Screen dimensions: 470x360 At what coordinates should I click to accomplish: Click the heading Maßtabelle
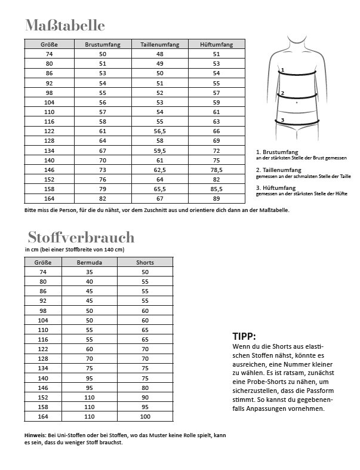[x=65, y=25]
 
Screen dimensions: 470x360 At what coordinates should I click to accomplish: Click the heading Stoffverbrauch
[x=81, y=237]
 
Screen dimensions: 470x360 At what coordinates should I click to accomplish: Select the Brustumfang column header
[x=103, y=44]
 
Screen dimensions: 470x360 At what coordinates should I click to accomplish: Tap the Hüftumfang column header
[x=216, y=44]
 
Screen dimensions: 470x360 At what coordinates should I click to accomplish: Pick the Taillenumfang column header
[x=159, y=44]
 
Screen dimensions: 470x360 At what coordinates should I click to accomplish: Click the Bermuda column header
[x=90, y=262]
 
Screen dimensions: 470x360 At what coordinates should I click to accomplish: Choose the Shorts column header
[x=145, y=262]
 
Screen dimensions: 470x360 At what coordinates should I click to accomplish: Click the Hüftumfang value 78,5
[x=216, y=170]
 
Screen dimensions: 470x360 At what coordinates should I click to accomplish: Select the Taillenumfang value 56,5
[x=159, y=131]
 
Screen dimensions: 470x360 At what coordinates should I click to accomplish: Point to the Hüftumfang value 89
[x=216, y=198]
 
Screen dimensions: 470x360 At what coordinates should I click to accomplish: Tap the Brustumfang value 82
[x=103, y=198]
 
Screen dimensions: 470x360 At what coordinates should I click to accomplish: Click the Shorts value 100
[x=145, y=416]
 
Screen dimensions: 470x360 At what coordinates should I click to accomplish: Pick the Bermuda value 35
[x=90, y=272]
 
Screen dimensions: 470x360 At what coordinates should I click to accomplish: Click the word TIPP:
[x=244, y=336]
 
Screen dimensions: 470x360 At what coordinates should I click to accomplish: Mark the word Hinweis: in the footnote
[x=36, y=435]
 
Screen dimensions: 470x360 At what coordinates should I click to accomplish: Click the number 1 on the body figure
[x=282, y=69]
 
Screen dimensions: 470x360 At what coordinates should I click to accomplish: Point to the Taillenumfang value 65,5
[x=159, y=189]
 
